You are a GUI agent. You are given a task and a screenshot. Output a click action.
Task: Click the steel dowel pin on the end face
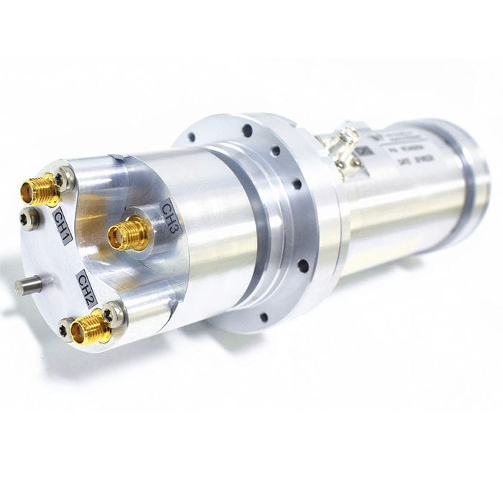point(27,285)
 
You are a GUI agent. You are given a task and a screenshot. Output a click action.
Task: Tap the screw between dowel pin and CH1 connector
point(29,218)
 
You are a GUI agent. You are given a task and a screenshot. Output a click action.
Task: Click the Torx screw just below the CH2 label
point(114,313)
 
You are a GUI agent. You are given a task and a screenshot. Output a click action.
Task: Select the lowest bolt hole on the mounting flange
point(264,316)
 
